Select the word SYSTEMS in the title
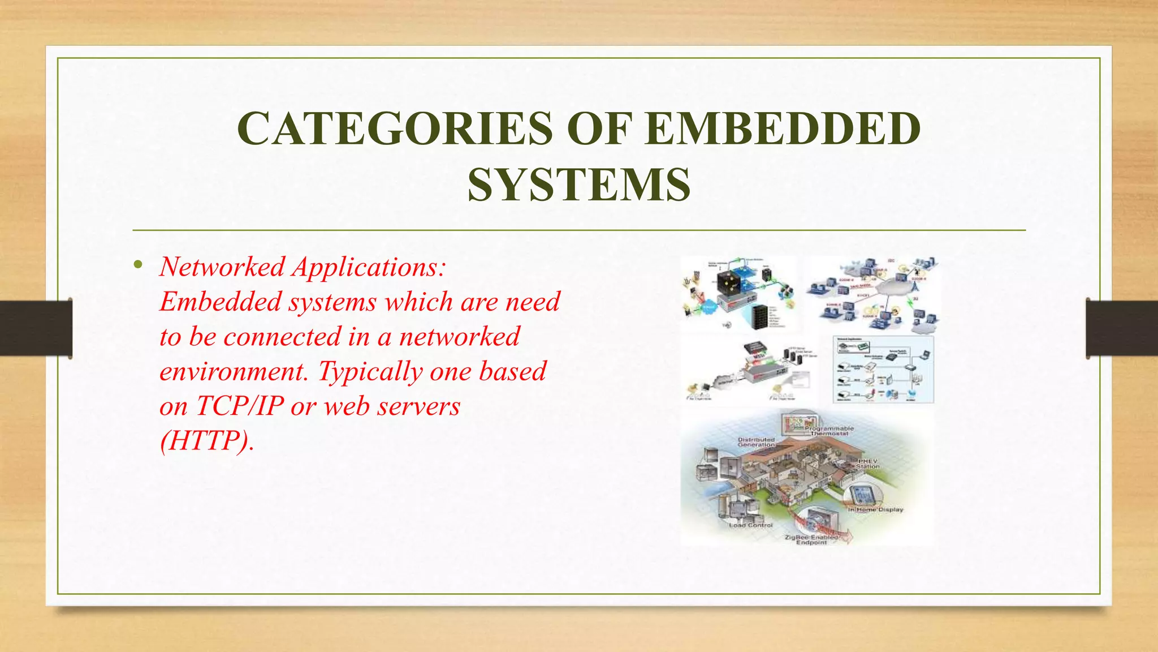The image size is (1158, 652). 578,186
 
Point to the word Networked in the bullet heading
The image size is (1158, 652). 222,267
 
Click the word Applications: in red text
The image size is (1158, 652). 369,267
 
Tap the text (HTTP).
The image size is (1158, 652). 207,441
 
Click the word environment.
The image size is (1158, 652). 234,372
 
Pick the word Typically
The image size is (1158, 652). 370,372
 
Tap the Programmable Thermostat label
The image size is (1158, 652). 829,431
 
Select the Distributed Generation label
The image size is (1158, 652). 756,442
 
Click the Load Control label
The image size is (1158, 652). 750,525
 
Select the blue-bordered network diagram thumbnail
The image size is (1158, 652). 883,370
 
